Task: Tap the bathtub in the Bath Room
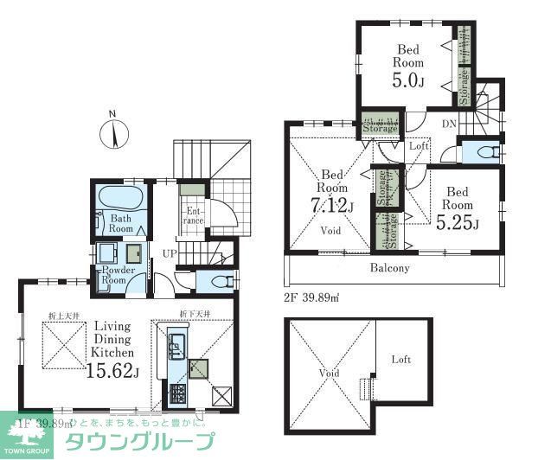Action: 121,197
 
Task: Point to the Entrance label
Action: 192,215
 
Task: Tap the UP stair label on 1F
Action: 170,254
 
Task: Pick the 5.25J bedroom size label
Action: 458,224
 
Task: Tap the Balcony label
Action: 391,268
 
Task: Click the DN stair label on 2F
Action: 450,125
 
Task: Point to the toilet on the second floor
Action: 484,152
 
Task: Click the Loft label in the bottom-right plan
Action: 401,359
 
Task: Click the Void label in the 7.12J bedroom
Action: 330,231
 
